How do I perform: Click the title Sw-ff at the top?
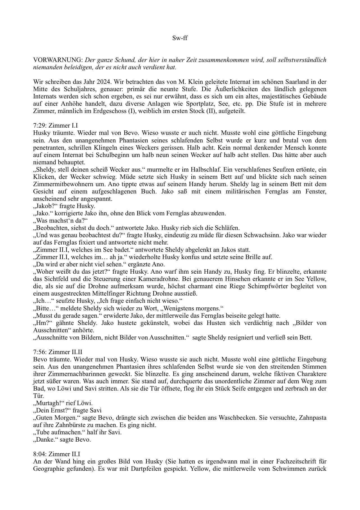(180, 38)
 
